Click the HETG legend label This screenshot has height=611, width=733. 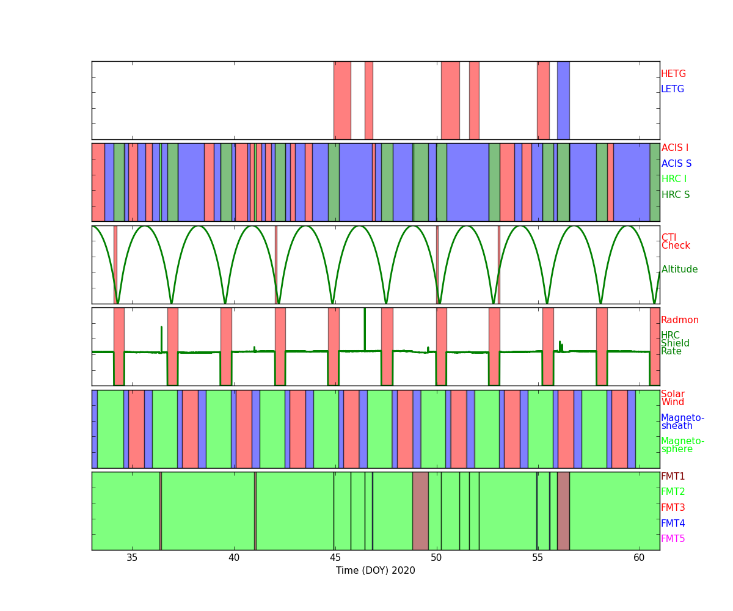tap(673, 74)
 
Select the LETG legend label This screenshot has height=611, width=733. tap(673, 89)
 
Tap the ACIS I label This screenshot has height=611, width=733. tap(675, 147)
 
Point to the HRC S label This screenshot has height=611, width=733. tap(676, 194)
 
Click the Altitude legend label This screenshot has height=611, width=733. tap(679, 269)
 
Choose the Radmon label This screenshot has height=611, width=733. tap(680, 320)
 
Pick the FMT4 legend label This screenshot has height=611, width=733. tap(673, 523)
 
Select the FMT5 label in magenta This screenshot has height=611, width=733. tap(673, 538)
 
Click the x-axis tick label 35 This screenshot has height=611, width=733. tap(132, 558)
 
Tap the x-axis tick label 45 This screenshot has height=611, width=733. tap(335, 558)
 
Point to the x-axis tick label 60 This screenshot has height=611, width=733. tap(639, 558)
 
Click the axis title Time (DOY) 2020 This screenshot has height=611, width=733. tap(375, 571)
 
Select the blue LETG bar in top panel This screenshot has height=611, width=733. tap(563, 100)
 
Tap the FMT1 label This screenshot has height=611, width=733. tap(673, 476)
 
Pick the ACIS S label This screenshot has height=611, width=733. tap(676, 163)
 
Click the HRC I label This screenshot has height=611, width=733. tap(674, 179)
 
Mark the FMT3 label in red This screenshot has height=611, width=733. tap(673, 507)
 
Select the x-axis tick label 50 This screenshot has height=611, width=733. tap(436, 558)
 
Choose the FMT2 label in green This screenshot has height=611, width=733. tap(673, 492)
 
